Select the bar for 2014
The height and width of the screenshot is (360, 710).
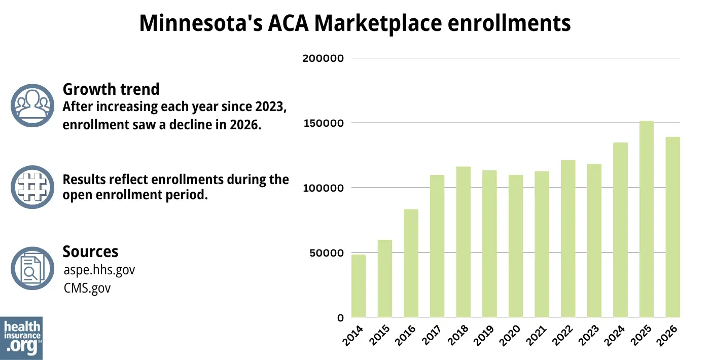359,286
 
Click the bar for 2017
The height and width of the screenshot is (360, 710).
437,246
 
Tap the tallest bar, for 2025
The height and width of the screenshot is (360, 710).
647,219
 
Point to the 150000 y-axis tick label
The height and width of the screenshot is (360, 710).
323,123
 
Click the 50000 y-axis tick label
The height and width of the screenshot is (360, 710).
326,253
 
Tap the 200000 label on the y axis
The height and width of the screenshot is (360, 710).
323,58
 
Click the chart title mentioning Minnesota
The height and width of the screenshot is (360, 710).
355,23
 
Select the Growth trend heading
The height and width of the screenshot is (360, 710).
111,89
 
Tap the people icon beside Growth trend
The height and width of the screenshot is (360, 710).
32,105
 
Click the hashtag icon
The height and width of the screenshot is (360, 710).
32,187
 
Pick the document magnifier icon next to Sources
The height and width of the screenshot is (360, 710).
32,268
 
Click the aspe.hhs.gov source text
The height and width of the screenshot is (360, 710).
99,270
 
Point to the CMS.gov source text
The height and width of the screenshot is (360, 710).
87,288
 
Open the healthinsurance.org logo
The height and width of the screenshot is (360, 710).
21,338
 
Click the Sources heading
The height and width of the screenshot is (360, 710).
90,251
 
